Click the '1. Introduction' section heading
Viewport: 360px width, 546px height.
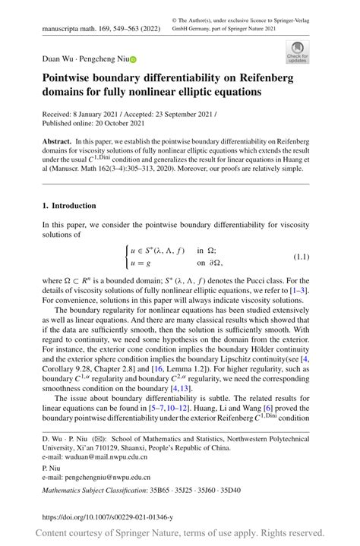pos(68,206)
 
